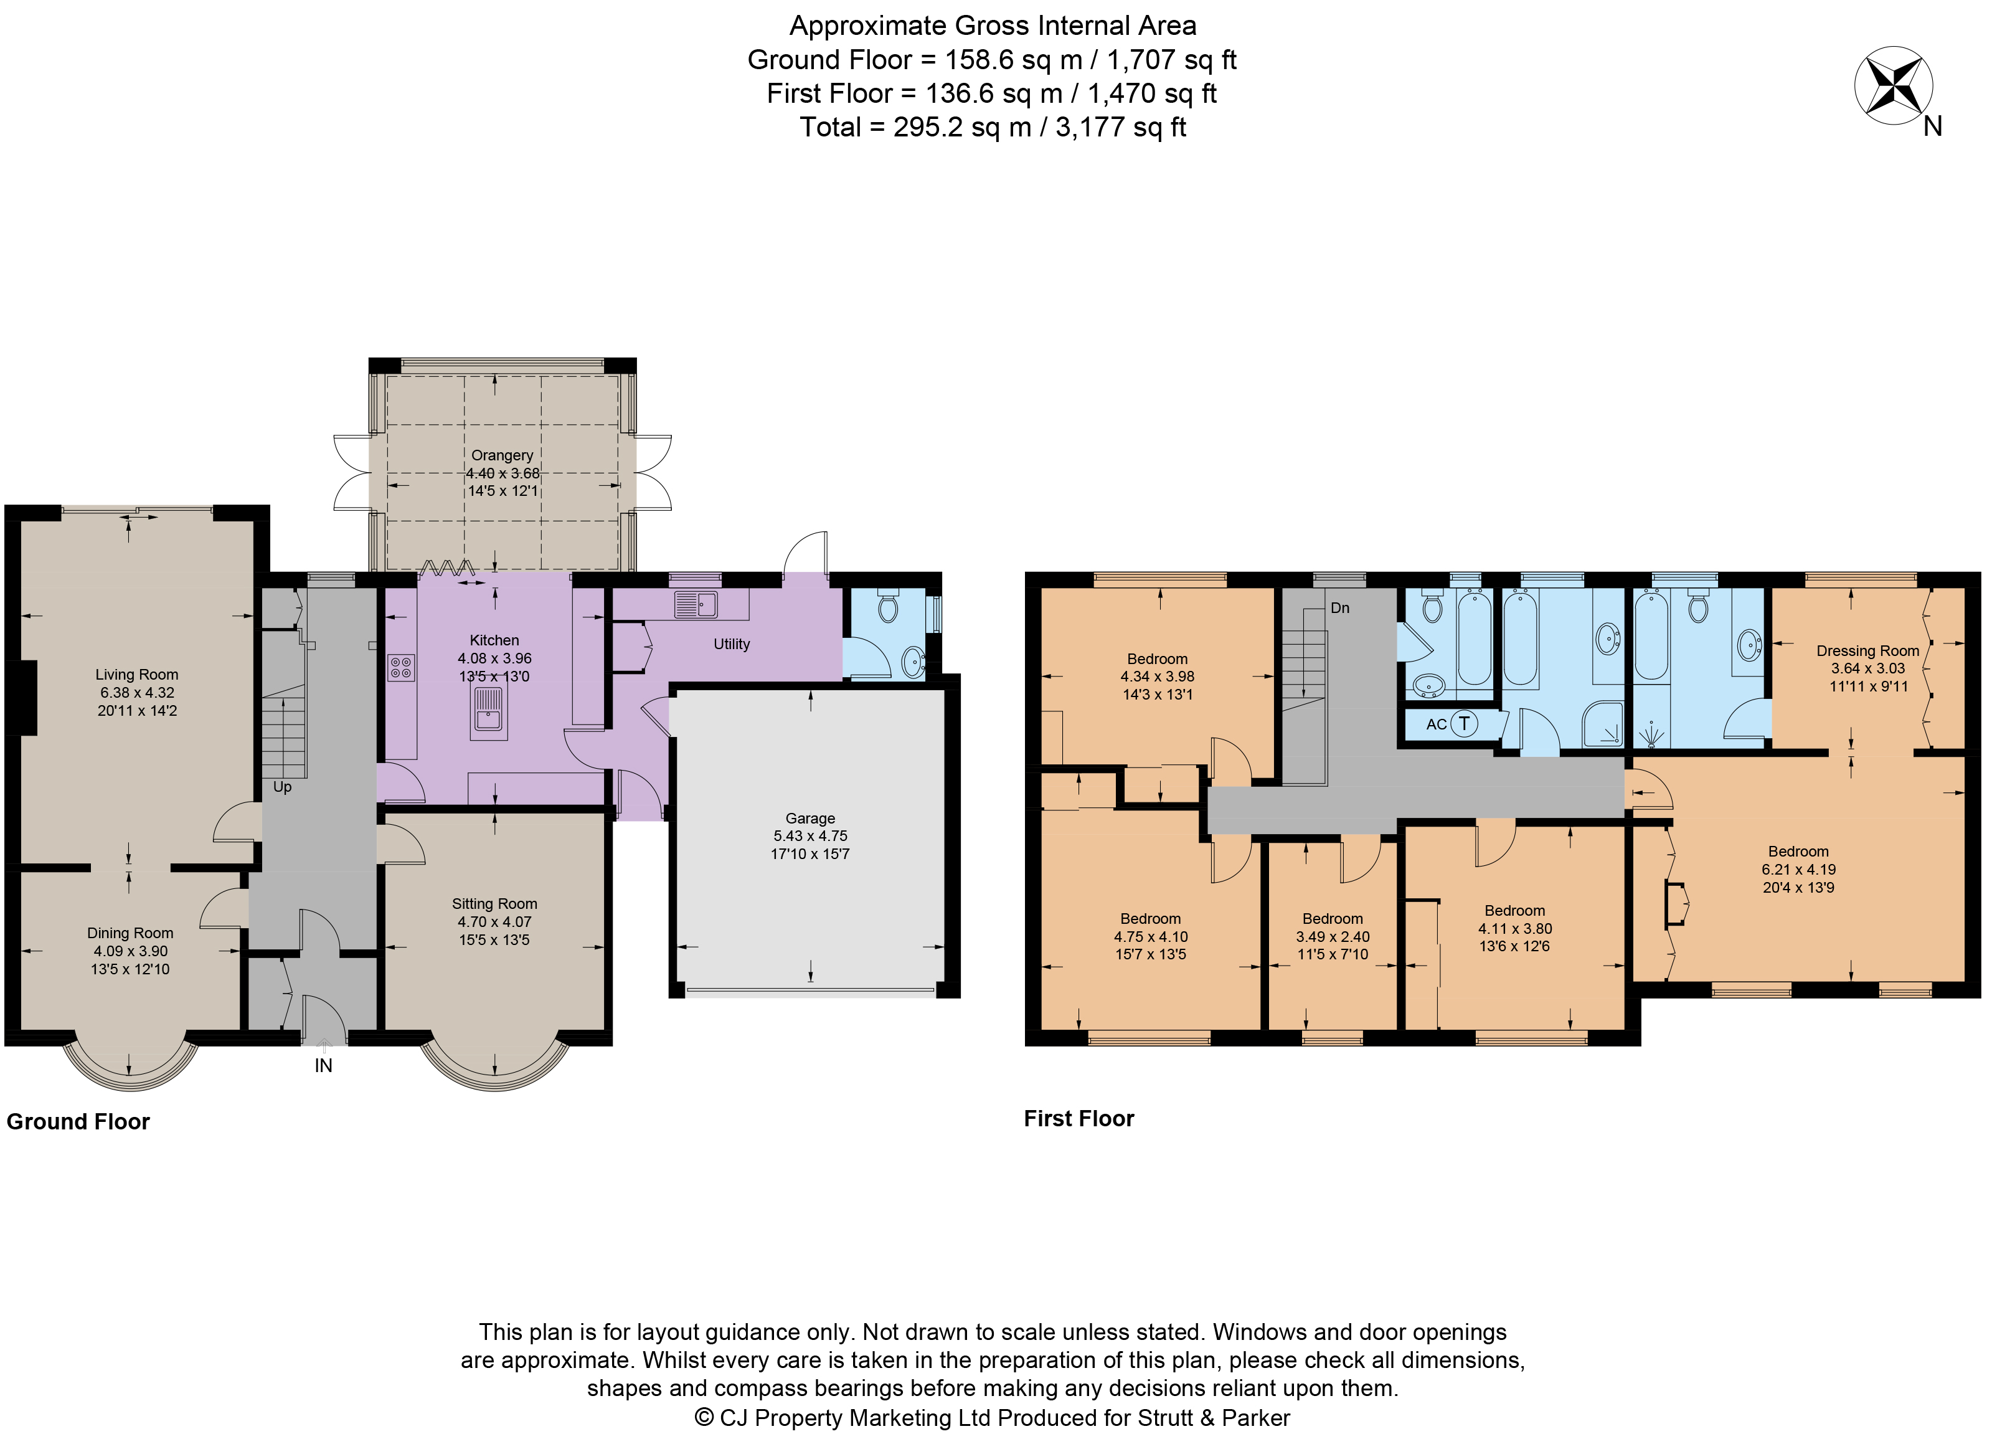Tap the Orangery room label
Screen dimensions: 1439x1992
[x=501, y=455]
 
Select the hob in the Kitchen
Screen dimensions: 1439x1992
[x=400, y=668]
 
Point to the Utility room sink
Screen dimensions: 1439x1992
[x=696, y=604]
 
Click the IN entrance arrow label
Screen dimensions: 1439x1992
[x=323, y=1066]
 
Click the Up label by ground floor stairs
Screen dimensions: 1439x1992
[x=282, y=787]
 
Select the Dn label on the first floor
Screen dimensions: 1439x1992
[x=1339, y=608]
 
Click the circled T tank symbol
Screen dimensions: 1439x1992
[x=1463, y=724]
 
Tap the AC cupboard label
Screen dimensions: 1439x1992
[x=1436, y=724]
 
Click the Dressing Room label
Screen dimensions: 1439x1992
[x=1867, y=651]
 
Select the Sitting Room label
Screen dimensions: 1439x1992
[x=494, y=904]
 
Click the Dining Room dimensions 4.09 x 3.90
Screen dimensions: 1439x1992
[x=130, y=951]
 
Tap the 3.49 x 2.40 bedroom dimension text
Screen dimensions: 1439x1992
[x=1333, y=936]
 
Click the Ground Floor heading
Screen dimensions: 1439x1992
[x=78, y=1122]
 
